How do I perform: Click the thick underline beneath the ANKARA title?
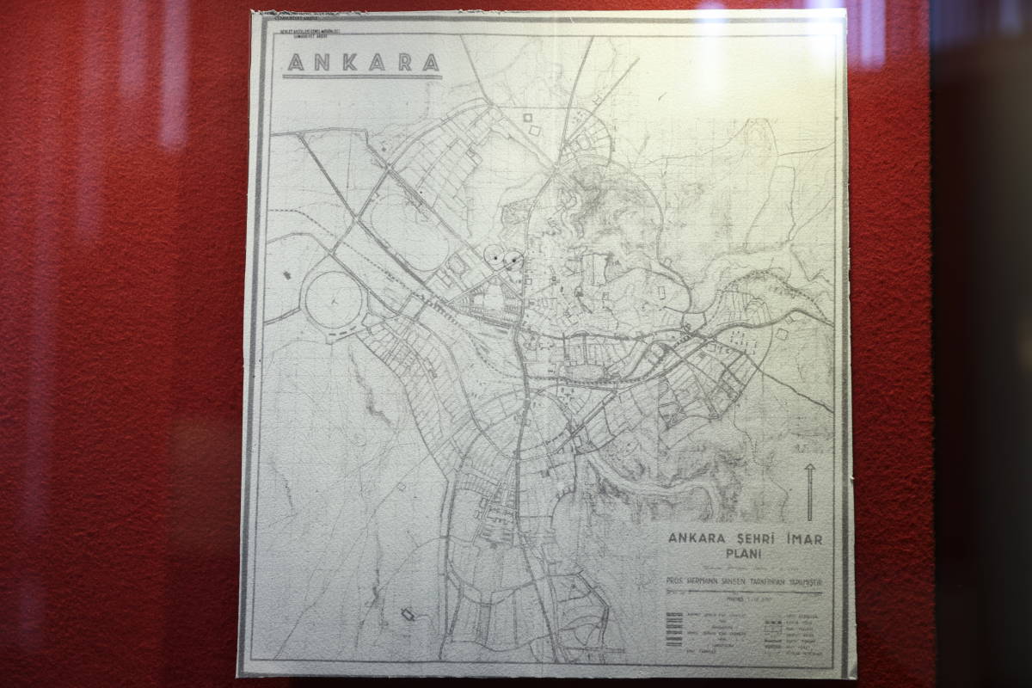click(x=362, y=77)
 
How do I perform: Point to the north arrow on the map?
click(x=809, y=490)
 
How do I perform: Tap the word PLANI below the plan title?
click(x=746, y=554)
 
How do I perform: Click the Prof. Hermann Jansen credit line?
click(x=745, y=581)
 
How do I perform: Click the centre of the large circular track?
click(x=334, y=301)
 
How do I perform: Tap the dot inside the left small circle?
click(x=494, y=255)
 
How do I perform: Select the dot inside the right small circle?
click(x=514, y=257)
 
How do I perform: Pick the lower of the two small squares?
click(x=535, y=131)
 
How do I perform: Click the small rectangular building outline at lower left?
click(x=408, y=615)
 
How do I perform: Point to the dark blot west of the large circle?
click(x=286, y=274)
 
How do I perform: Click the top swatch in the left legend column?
click(x=674, y=615)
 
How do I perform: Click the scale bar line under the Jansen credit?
click(x=745, y=593)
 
